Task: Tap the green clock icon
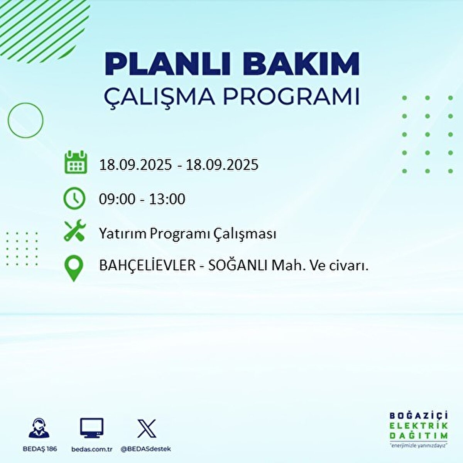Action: (74, 198)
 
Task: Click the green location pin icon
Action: (74, 269)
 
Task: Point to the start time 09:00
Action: (117, 199)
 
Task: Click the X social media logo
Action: (147, 428)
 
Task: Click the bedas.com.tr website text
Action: (92, 449)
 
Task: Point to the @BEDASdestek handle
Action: (146, 449)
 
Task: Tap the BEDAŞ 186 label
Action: (39, 449)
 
